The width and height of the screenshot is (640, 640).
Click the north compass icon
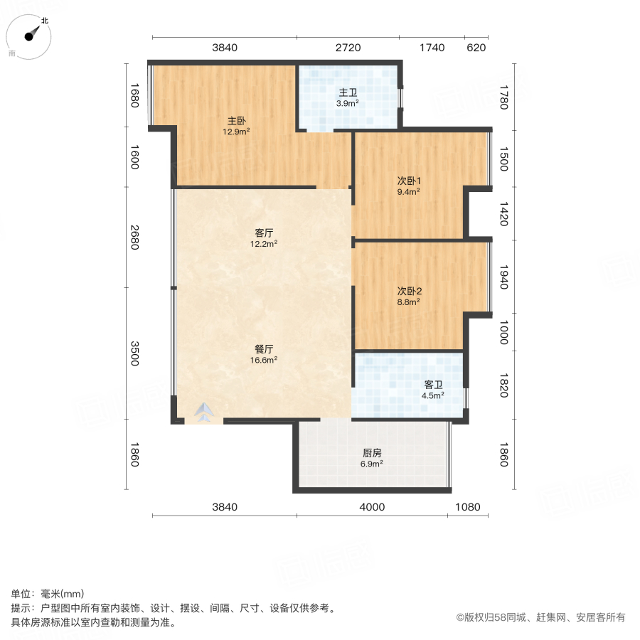31,36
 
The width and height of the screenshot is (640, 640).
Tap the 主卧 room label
237,120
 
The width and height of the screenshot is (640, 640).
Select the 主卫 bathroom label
348,92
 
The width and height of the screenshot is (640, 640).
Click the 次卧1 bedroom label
408,181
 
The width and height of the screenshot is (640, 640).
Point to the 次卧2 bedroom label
409,291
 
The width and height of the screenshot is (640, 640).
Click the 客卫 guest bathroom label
433,385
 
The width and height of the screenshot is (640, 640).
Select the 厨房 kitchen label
372,453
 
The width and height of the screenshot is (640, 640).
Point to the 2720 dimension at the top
348,48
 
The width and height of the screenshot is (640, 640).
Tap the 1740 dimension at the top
432,48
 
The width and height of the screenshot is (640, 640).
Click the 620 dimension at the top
476,48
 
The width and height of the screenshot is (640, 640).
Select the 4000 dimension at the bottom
372,507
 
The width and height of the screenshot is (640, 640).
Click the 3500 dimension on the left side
135,353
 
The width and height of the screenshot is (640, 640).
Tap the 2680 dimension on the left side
135,238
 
